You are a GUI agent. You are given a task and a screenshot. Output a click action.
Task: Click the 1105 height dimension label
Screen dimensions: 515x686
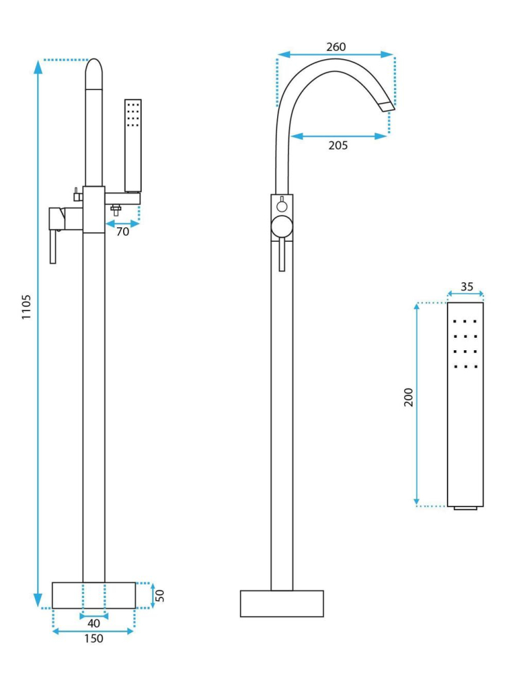[x=26, y=307]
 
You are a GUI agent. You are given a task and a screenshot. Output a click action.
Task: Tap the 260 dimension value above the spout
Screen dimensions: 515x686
[x=336, y=47]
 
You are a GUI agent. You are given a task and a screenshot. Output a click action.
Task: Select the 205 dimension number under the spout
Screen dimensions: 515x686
[x=338, y=146]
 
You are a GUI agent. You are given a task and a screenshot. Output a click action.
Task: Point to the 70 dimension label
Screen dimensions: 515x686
[x=122, y=231]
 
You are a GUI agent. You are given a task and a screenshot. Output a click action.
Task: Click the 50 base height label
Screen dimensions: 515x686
[x=160, y=595]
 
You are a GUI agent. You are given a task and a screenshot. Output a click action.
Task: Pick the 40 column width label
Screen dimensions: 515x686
[x=94, y=623]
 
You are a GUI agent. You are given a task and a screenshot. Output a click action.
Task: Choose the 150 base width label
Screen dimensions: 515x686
[x=94, y=639]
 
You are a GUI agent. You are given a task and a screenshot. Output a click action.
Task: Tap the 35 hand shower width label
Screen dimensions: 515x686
[x=467, y=286]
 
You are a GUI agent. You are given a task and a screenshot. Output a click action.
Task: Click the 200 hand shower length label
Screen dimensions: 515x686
[x=408, y=398]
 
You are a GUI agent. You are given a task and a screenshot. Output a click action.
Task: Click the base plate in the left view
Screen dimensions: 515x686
[x=94, y=595]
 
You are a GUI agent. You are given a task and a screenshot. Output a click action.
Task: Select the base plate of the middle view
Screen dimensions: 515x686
[x=282, y=604]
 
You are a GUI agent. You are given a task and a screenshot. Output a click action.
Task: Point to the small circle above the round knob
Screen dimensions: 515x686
[x=282, y=205]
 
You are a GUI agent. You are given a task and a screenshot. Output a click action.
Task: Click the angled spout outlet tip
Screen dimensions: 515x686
[x=386, y=106]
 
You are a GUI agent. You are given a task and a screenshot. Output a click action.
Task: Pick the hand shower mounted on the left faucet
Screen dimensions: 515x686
[x=133, y=146]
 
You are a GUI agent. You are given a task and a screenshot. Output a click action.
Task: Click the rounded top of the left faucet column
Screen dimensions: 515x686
[x=94, y=73]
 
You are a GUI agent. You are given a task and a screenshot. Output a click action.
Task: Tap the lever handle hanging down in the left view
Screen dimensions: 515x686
[x=53, y=247]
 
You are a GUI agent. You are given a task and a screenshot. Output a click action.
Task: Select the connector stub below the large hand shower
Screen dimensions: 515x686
[x=465, y=508]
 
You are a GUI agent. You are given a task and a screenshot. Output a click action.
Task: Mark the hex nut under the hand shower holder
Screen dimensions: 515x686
[x=116, y=210]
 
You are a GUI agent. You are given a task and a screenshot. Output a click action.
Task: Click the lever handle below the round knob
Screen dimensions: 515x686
[x=282, y=255]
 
